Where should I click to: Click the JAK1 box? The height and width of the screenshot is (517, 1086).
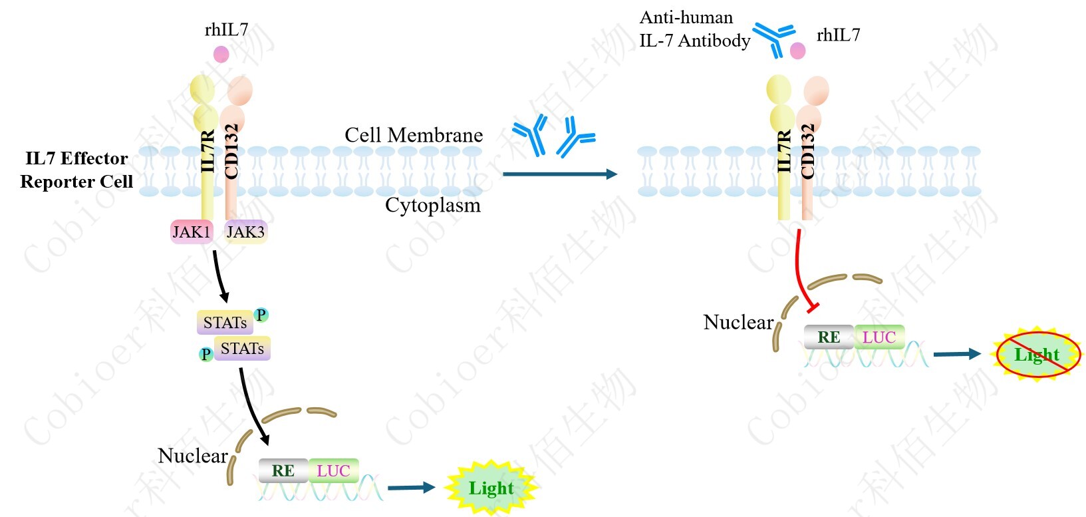pyautogui.click(x=192, y=232)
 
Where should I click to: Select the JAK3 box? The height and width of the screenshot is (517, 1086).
pyautogui.click(x=245, y=232)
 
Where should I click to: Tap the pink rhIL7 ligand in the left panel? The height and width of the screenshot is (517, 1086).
pyautogui.click(x=221, y=54)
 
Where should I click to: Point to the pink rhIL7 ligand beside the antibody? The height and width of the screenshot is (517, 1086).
pyautogui.click(x=797, y=51)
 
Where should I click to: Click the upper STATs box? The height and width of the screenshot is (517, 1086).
pyautogui.click(x=225, y=323)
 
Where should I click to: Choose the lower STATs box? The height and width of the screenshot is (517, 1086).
pyautogui.click(x=242, y=349)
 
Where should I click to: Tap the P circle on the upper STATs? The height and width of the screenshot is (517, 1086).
pyautogui.click(x=261, y=315)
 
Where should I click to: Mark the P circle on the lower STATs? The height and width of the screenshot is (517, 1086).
pyautogui.click(x=206, y=354)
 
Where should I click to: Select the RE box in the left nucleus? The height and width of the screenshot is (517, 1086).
pyautogui.click(x=283, y=470)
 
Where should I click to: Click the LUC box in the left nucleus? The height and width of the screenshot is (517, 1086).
pyautogui.click(x=333, y=470)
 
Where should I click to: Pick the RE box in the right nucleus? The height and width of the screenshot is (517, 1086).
pyautogui.click(x=829, y=337)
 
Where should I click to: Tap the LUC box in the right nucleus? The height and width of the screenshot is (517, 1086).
pyautogui.click(x=879, y=337)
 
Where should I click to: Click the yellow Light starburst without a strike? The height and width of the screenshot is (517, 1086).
pyautogui.click(x=491, y=488)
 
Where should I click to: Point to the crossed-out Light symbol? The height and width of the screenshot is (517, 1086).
pyautogui.click(x=1037, y=355)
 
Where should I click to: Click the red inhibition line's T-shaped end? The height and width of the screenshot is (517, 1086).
pyautogui.click(x=812, y=307)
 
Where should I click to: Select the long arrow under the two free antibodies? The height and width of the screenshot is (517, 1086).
pyautogui.click(x=559, y=174)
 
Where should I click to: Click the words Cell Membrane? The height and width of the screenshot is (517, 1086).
pyautogui.click(x=414, y=135)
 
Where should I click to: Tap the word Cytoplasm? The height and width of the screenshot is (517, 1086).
pyautogui.click(x=432, y=205)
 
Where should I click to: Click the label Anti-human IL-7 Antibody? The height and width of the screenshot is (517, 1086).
pyautogui.click(x=694, y=29)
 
